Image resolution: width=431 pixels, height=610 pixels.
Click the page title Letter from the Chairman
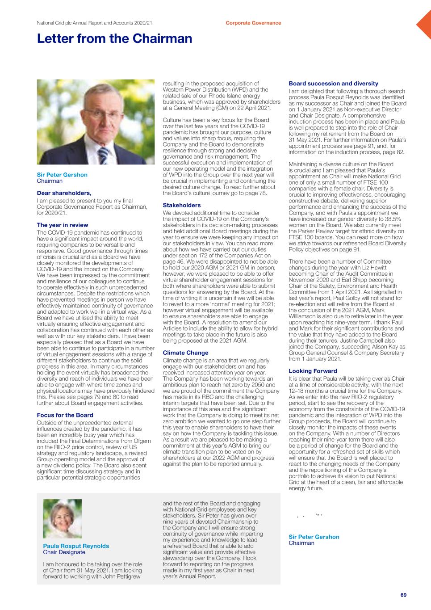tap(114, 39)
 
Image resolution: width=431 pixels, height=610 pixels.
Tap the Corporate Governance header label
tap(253, 23)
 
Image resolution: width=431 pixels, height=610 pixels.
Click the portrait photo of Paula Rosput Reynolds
tap(62, 518)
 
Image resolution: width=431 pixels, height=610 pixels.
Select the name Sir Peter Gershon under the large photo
tap(62, 175)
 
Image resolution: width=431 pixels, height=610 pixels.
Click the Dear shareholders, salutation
tap(64, 193)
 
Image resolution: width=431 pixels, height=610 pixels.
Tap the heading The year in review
tap(62, 225)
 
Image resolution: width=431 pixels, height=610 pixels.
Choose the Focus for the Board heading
tap(65, 415)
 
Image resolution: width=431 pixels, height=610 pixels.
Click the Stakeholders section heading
tap(181, 205)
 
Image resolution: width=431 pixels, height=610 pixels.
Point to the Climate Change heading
tap(185, 353)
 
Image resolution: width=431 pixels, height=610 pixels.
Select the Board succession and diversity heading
tap(333, 84)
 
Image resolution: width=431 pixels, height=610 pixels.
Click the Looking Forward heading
tap(313, 371)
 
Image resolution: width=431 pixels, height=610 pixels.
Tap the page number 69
tap(403, 595)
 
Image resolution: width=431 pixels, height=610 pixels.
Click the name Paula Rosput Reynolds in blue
tap(76, 546)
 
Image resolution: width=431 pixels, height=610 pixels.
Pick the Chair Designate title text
tap(64, 552)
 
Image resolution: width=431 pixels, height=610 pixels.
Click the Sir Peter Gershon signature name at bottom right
tap(314, 537)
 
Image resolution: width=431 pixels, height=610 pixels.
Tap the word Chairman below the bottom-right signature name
tap(301, 543)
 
